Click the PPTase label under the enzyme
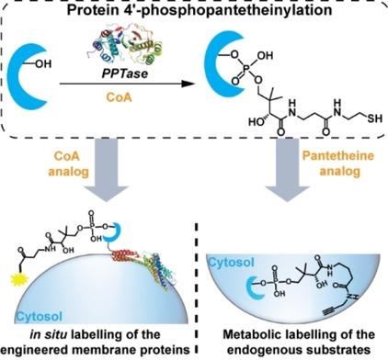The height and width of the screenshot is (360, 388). tap(125, 73)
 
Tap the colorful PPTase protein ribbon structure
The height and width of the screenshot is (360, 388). tap(126, 47)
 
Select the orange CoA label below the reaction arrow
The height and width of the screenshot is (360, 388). tap(119, 97)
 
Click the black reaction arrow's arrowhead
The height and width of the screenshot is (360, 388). tap(187, 84)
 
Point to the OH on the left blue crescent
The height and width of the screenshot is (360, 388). tap(44, 63)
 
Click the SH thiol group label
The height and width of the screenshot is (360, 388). tap(375, 118)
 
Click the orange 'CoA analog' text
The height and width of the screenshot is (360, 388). tap(68, 163)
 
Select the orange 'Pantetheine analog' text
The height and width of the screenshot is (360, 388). tap(338, 163)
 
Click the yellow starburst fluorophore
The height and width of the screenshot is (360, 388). tap(19, 279)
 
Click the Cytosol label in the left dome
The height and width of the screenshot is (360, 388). tap(40, 316)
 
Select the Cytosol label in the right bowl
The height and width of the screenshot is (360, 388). tap(231, 262)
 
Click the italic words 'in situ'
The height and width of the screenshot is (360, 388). tap(49, 334)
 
